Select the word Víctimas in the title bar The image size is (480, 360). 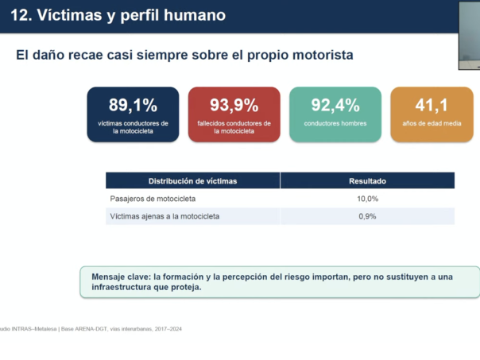[x=69, y=15]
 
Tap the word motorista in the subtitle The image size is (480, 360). [x=323, y=55]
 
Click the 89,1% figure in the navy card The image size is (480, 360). [x=133, y=105]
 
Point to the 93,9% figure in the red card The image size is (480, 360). [x=234, y=105]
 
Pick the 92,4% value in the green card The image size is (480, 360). [x=335, y=105]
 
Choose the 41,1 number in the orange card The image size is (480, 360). [x=432, y=105]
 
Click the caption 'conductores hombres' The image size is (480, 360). [x=335, y=123]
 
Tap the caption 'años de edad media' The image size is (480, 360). [x=432, y=123]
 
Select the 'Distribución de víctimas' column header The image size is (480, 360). [x=192, y=181]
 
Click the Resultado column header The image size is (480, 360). [x=367, y=181]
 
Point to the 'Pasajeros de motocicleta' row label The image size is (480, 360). [x=153, y=199]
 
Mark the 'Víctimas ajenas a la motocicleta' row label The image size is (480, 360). [x=165, y=216]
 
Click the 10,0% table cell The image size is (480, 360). [x=367, y=199]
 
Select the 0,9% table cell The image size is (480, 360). [x=367, y=216]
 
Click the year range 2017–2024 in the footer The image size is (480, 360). [x=168, y=329]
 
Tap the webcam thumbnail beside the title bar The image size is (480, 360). [x=470, y=36]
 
